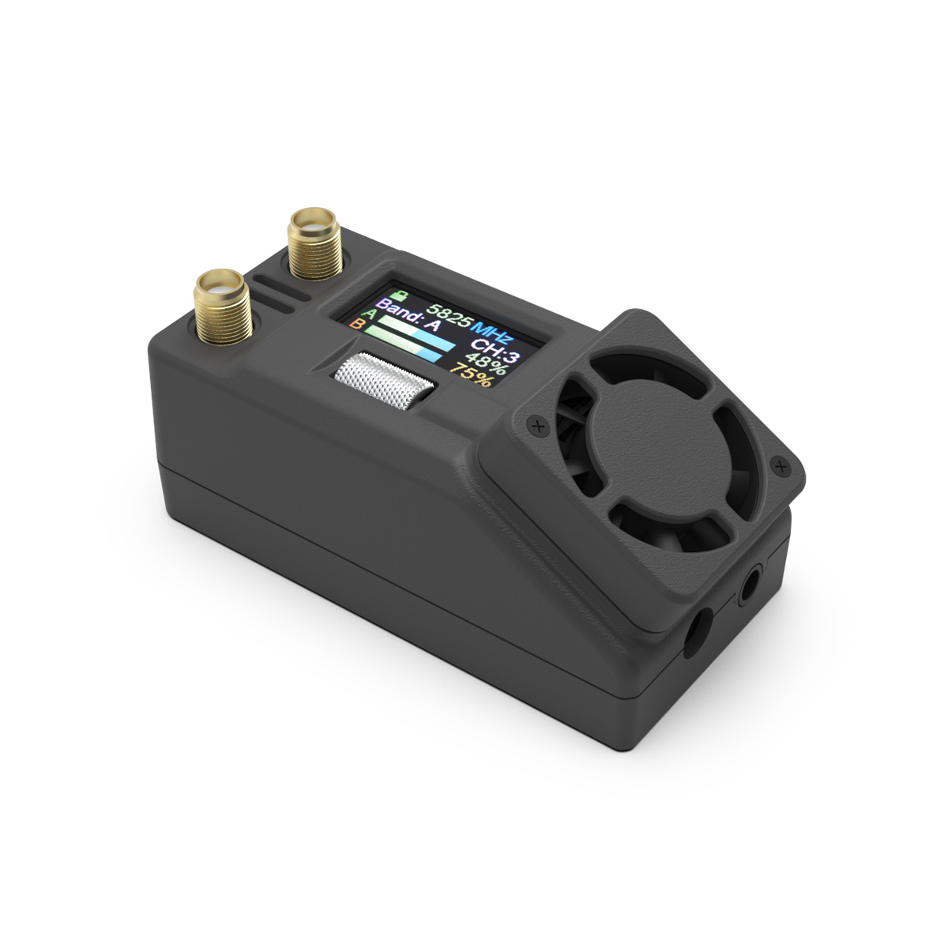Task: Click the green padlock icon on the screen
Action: (401, 295)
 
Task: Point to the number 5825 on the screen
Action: (449, 316)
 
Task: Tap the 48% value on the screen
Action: (485, 363)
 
